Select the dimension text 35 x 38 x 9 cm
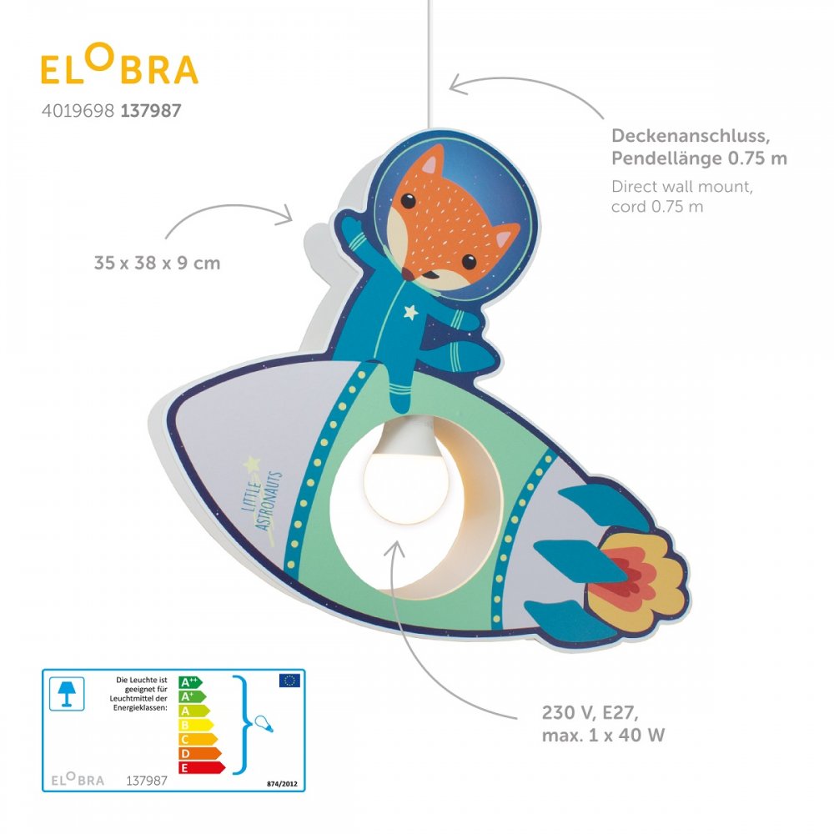pos(157,263)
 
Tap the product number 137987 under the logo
pos(151,111)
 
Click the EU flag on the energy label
pos(289,681)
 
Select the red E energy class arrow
pos(202,767)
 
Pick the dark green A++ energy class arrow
pos(190,682)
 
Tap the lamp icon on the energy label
pos(67,694)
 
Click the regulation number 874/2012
pos(282,783)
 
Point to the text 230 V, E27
pos(590,712)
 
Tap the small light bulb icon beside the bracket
pos(264,724)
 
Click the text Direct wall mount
pos(682,187)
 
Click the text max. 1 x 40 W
pos(603,735)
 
